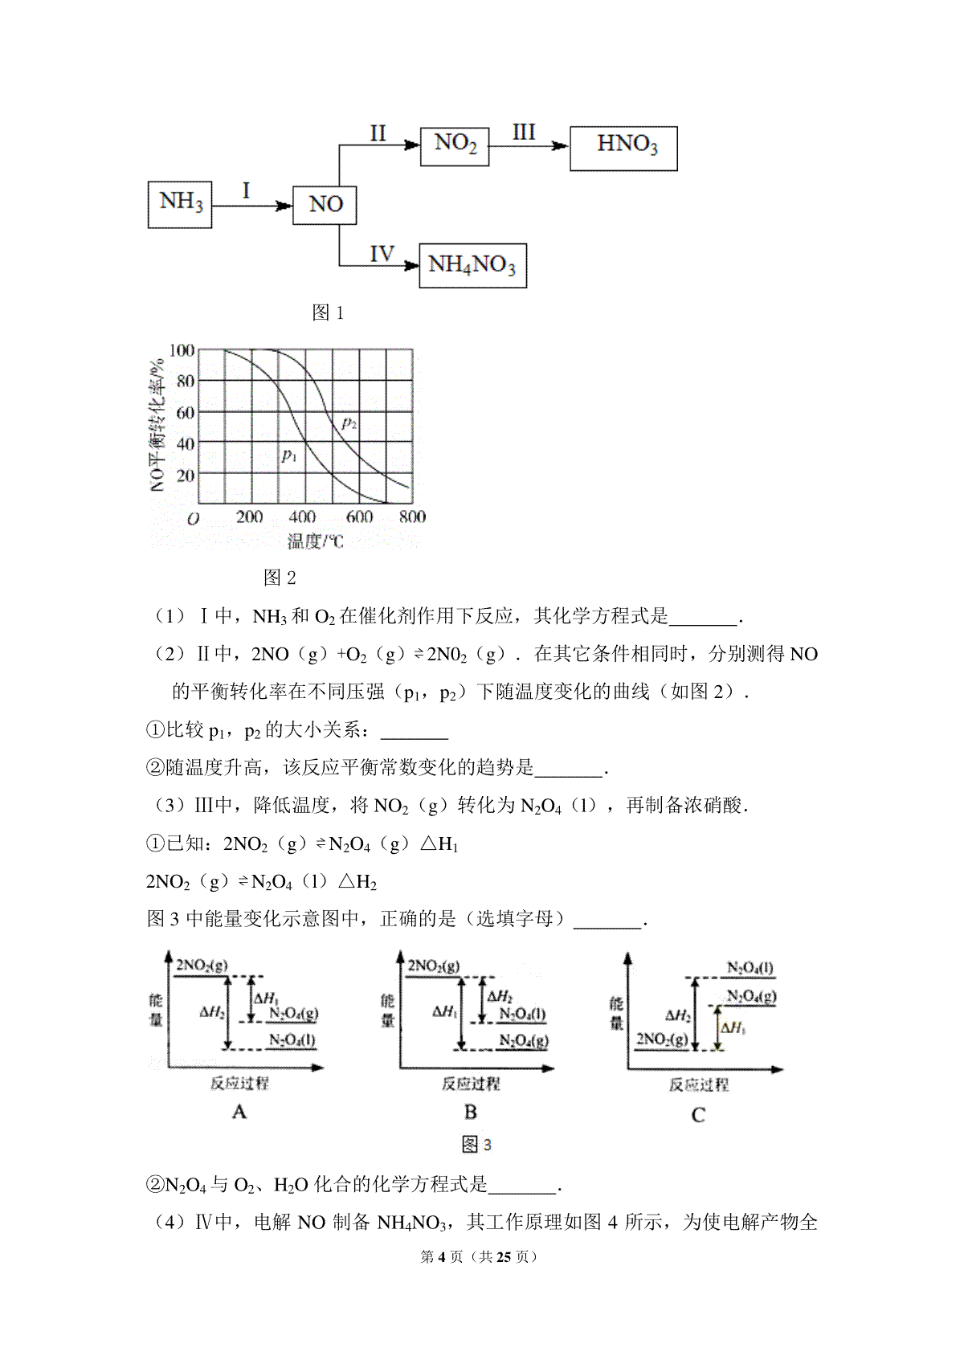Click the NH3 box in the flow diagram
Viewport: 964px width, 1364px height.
point(180,204)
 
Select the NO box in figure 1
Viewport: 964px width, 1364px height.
point(325,204)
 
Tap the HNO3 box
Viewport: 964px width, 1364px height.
point(623,148)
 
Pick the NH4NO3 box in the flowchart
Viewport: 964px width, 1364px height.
point(472,265)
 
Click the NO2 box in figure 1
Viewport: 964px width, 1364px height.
point(455,145)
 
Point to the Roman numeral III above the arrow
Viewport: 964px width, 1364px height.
point(524,132)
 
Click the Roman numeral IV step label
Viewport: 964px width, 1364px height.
point(381,255)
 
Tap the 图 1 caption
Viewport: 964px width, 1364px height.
point(328,313)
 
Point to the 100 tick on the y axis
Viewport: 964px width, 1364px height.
point(182,350)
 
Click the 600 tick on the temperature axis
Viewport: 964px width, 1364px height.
point(359,517)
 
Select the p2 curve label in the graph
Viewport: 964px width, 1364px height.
point(349,422)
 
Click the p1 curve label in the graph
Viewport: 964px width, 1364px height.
point(289,455)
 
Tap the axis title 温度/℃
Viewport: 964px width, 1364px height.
point(316,541)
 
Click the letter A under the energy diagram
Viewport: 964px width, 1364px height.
point(239,1112)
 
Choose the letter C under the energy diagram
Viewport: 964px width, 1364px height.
point(697,1115)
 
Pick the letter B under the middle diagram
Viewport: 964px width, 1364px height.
point(471,1112)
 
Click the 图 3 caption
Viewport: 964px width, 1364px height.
point(476,1145)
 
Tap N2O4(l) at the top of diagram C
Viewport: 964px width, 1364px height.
point(750,968)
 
